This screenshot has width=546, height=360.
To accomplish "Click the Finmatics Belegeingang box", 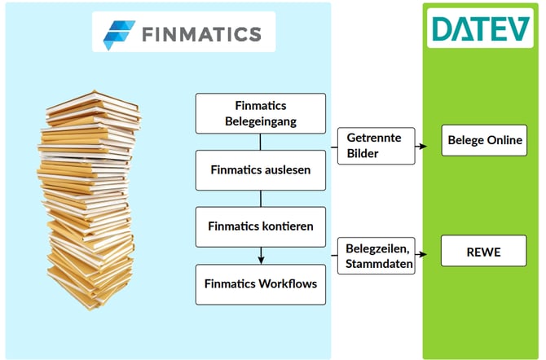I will (260, 113).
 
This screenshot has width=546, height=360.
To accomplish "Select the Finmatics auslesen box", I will (260, 170).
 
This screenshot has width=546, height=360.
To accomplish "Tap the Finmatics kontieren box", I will (260, 227).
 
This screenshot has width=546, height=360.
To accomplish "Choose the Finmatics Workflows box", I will (260, 284).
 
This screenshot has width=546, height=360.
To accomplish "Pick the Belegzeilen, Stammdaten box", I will (377, 256).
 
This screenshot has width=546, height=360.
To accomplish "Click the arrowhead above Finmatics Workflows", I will (260, 260).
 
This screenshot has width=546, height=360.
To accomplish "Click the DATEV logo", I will (482, 30).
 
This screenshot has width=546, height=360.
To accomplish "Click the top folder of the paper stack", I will (79, 103).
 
